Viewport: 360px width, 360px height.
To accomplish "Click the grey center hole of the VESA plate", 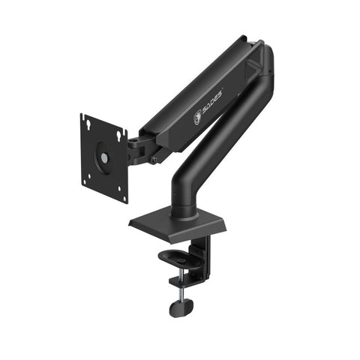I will pos(104,158).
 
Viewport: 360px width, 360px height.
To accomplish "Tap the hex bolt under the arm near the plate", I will pos(154,159).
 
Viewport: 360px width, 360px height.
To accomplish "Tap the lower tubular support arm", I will pos(225,127).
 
